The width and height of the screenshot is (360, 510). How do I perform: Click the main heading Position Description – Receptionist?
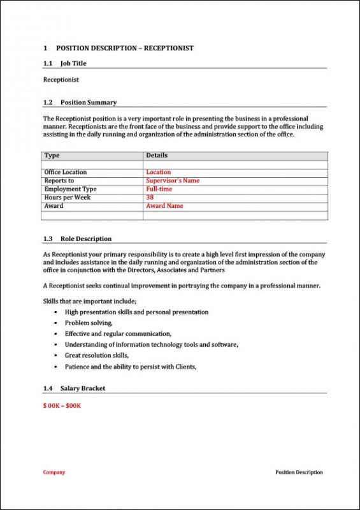(124, 48)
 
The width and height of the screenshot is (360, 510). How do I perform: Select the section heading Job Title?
(73, 64)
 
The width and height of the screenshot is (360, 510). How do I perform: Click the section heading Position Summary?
(89, 103)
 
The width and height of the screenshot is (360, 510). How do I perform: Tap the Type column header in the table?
(52, 156)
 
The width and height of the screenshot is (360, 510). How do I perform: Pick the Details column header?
(157, 156)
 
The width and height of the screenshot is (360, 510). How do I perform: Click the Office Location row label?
(66, 172)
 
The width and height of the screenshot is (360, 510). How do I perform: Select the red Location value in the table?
(159, 172)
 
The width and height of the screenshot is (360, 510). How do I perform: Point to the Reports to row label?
(59, 180)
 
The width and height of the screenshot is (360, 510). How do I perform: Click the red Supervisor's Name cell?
(173, 180)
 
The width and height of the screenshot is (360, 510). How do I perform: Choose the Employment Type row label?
(70, 189)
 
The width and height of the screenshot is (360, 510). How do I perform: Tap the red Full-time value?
(159, 189)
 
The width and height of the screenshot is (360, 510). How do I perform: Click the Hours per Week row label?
(67, 198)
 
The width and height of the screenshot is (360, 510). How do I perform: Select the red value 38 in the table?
(150, 198)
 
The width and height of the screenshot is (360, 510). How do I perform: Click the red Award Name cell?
(164, 206)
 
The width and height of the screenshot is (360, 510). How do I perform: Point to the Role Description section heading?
(86, 239)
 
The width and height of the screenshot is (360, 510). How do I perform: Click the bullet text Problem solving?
(89, 323)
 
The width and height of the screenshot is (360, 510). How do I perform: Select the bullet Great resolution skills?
(97, 355)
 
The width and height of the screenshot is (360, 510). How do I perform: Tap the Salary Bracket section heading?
(83, 388)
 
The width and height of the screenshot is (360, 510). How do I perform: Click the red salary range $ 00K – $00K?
(62, 405)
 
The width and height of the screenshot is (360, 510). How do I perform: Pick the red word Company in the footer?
(54, 472)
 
